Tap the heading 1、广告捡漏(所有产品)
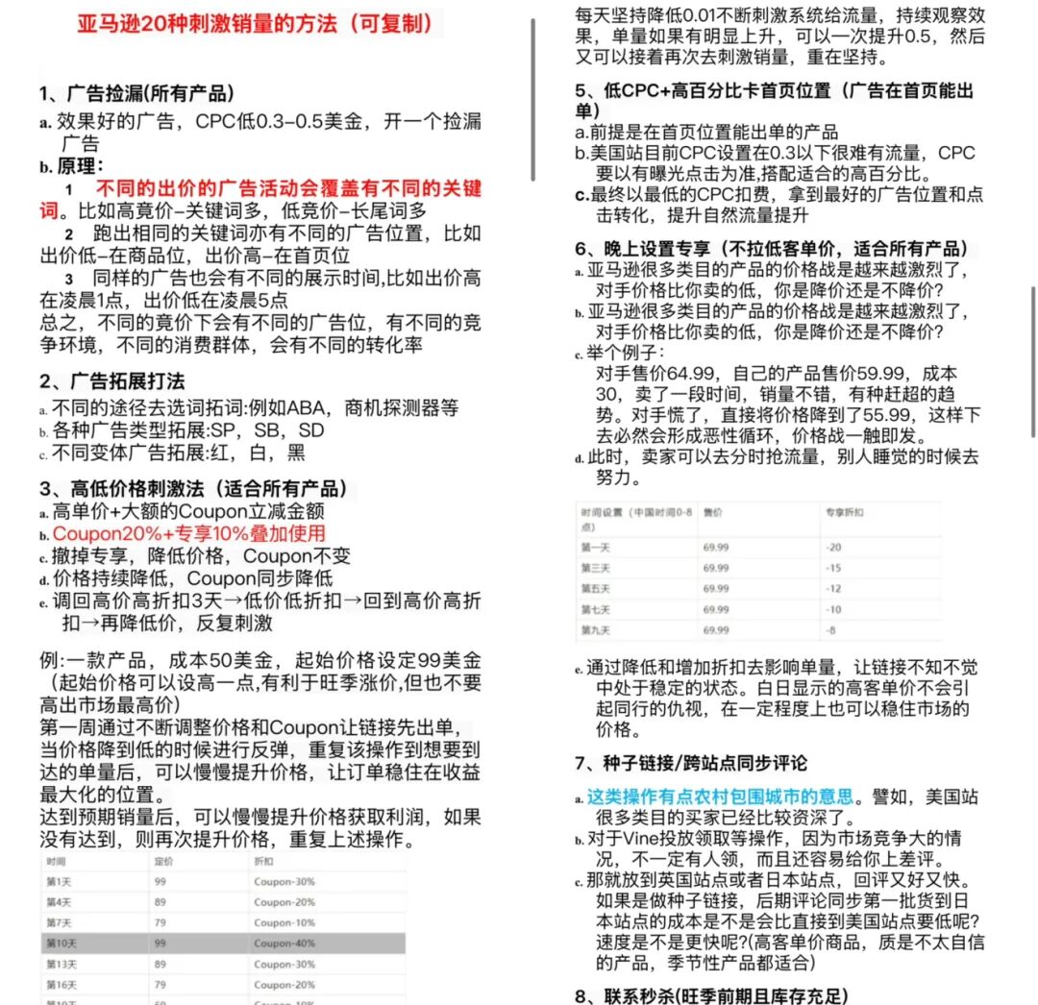(x=136, y=94)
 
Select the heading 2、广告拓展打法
(x=112, y=381)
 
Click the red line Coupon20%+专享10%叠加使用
(x=189, y=533)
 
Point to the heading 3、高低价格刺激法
(x=193, y=488)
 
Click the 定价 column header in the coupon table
(x=164, y=862)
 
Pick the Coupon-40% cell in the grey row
(x=284, y=944)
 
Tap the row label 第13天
(x=62, y=964)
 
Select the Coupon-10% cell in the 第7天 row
(x=284, y=923)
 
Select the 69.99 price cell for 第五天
(x=716, y=589)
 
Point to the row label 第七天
(x=594, y=610)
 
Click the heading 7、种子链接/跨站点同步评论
(x=690, y=763)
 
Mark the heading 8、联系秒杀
(x=711, y=995)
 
